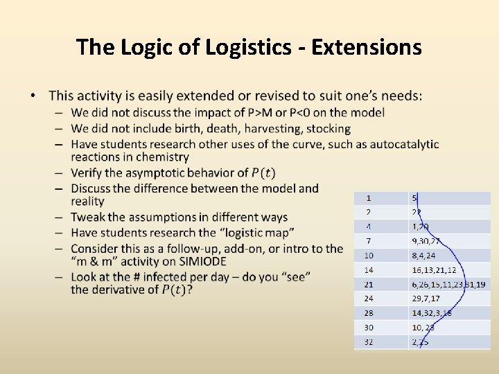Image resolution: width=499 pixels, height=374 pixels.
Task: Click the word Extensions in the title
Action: pos(367,47)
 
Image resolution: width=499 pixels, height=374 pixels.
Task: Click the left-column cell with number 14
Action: pos(369,269)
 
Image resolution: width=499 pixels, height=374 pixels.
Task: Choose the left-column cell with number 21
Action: pos(369,284)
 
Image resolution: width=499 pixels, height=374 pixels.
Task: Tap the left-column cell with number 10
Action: pos(369,255)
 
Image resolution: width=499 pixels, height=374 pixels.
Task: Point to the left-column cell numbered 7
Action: pos(369,240)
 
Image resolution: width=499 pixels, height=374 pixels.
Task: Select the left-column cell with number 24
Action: pos(369,299)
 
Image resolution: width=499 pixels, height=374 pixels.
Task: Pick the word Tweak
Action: pos(88,217)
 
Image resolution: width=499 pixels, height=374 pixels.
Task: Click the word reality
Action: pos(87,202)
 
